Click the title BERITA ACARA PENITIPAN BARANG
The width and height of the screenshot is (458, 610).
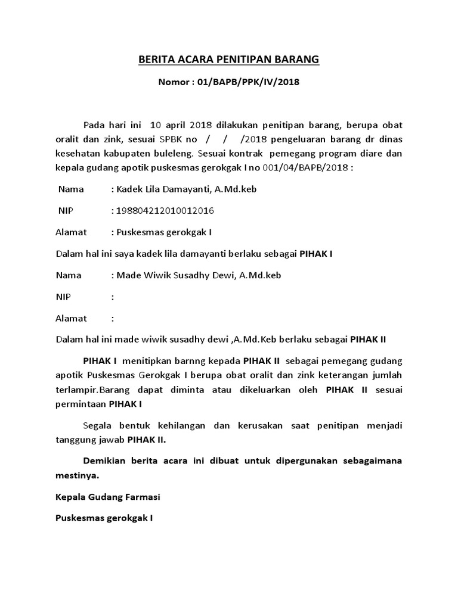click(229, 59)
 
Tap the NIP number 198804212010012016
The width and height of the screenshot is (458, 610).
click(165, 211)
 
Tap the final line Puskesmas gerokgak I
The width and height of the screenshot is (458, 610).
click(104, 518)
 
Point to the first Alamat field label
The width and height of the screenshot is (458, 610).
click(71, 232)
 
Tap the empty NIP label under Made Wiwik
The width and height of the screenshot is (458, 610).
click(63, 297)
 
